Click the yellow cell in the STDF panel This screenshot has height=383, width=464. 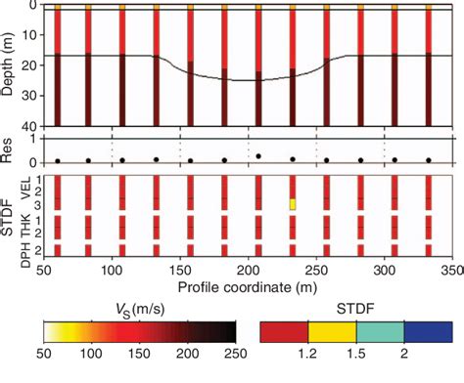[x=292, y=204]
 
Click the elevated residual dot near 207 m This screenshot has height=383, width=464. [x=258, y=155]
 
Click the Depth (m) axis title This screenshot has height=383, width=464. [x=11, y=66]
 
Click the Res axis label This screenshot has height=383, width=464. [x=11, y=149]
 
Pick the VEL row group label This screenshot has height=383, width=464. [x=25, y=186]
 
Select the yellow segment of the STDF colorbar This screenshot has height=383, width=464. [x=333, y=331]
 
